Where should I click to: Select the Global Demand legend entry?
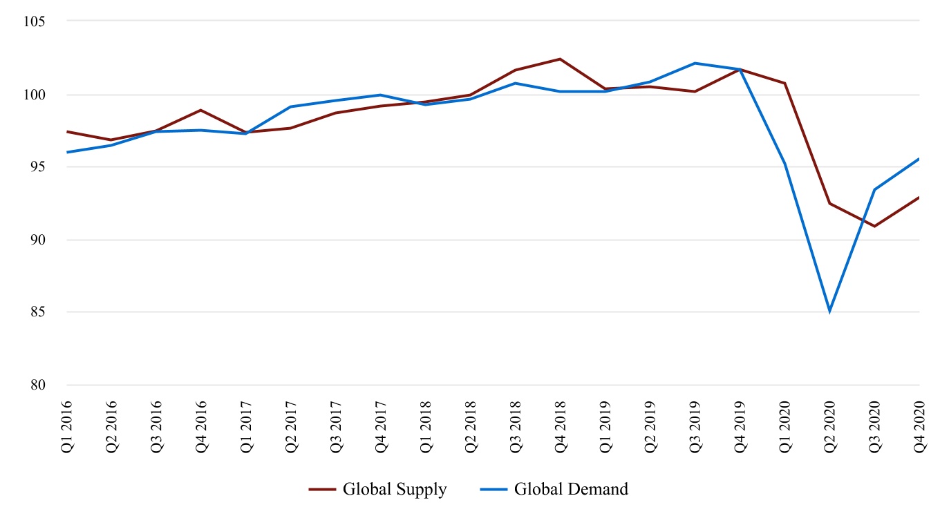click(554, 490)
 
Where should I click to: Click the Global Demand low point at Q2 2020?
click(829, 312)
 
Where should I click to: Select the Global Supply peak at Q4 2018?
click(561, 59)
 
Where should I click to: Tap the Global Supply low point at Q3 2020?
click(874, 226)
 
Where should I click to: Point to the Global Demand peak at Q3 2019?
click(695, 64)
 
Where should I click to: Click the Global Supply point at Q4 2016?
click(201, 110)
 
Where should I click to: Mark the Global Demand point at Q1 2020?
click(784, 164)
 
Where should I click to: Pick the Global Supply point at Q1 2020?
click(784, 84)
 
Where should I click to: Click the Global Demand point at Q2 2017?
click(291, 107)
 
